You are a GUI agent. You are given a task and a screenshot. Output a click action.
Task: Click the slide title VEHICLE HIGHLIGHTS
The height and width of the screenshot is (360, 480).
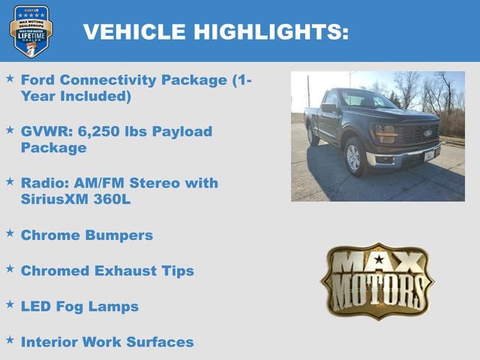point(215,31)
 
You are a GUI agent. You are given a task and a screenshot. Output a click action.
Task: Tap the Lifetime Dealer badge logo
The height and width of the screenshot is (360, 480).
point(31,31)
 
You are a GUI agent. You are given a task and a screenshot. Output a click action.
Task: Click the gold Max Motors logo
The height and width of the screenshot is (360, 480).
point(377,281)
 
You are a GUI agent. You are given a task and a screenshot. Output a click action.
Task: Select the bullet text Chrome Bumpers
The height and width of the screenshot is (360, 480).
point(87,235)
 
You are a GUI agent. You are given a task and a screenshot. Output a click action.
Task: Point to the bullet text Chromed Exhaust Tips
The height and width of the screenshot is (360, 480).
point(107,271)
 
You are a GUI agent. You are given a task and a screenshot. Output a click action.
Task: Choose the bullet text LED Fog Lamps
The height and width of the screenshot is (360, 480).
point(79,306)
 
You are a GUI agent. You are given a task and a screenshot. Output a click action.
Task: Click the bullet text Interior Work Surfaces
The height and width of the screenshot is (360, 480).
point(107,342)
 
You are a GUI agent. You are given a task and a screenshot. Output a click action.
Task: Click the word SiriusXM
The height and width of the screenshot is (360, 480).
point(55,200)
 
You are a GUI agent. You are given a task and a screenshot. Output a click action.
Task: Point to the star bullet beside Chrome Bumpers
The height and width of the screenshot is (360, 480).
point(10,233)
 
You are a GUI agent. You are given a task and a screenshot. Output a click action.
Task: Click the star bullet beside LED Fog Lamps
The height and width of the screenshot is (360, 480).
point(10,304)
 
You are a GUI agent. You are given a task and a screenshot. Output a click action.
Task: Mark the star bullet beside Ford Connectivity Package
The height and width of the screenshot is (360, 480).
point(10,78)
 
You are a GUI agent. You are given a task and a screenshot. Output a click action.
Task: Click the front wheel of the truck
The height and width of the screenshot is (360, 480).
point(353,157)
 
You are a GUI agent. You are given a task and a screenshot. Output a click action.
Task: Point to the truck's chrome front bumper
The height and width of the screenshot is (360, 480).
point(405,157)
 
